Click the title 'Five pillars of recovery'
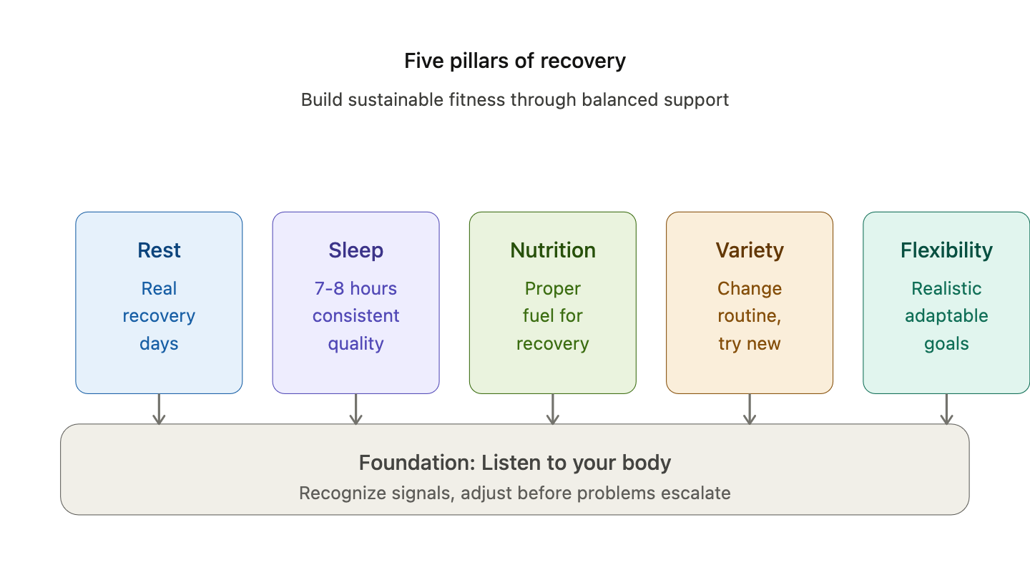click(x=514, y=61)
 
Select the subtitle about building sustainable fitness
click(x=514, y=99)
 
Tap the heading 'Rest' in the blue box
click(x=159, y=250)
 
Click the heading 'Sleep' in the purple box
click(x=355, y=250)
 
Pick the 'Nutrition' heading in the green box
click(x=552, y=250)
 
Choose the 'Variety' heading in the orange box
click(x=750, y=250)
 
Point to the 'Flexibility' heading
click(x=946, y=250)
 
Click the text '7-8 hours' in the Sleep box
click(x=355, y=288)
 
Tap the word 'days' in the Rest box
click(x=159, y=343)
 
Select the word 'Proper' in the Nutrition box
click(x=552, y=288)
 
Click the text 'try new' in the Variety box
click(x=750, y=343)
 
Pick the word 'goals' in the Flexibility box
click(x=946, y=343)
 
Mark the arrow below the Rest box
click(x=159, y=409)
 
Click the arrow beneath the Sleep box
click(x=355, y=409)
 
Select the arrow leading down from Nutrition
click(x=552, y=409)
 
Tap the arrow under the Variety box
click(x=750, y=409)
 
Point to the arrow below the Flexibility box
click(x=946, y=409)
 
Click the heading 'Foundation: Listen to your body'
click(x=514, y=463)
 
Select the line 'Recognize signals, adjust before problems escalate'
click(x=514, y=493)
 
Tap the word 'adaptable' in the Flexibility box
click(x=946, y=315)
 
